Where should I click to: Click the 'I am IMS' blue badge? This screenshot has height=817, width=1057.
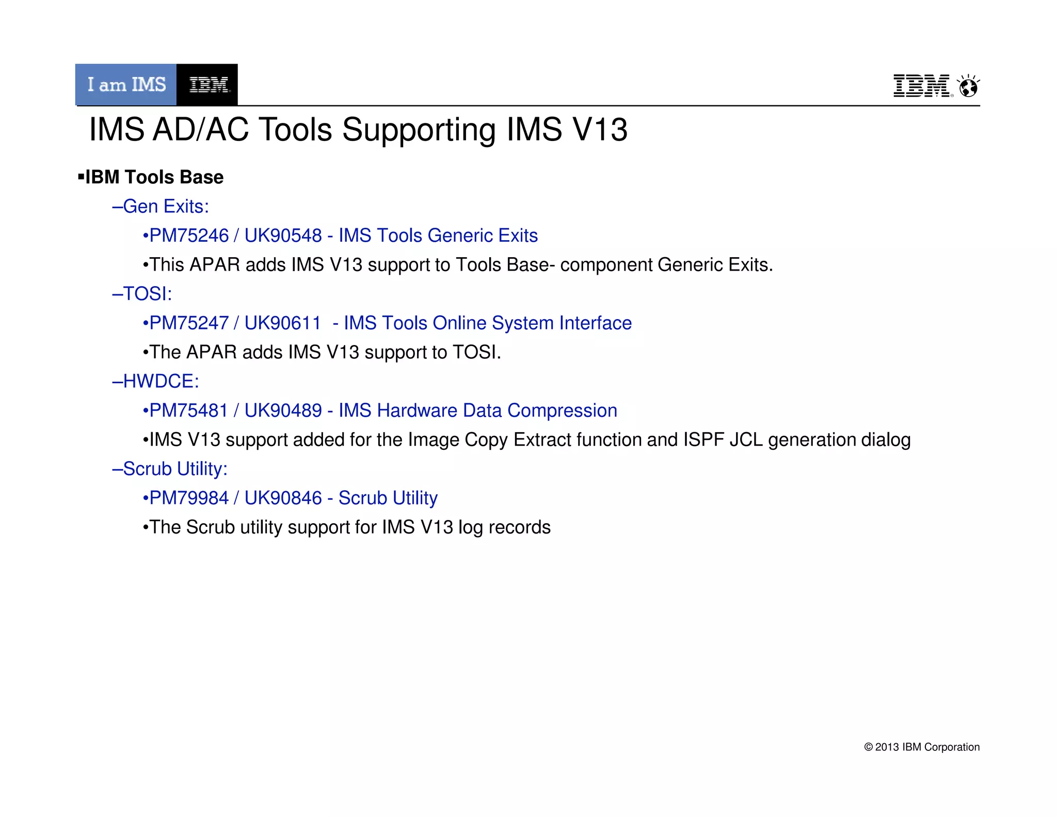tap(126, 85)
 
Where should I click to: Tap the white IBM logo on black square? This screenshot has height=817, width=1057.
tap(207, 85)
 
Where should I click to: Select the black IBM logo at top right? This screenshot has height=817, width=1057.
tap(922, 86)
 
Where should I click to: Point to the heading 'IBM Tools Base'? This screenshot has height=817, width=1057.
tap(154, 177)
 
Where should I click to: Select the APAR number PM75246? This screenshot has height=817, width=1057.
tap(189, 235)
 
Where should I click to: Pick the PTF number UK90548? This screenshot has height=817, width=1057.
tap(283, 235)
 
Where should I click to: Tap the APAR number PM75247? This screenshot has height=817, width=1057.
tap(189, 323)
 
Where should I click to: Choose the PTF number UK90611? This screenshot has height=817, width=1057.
tap(283, 323)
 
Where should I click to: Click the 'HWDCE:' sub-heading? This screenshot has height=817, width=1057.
tap(161, 381)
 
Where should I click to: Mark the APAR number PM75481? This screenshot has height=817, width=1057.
tap(189, 411)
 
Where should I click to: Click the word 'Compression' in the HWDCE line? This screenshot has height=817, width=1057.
tap(562, 411)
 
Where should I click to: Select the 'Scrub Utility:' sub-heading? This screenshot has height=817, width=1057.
tap(175, 469)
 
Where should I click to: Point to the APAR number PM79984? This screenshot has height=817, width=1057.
tap(189, 498)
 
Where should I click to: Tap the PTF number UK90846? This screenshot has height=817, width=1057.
tap(283, 498)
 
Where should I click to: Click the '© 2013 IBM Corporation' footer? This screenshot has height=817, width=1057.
tap(922, 747)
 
